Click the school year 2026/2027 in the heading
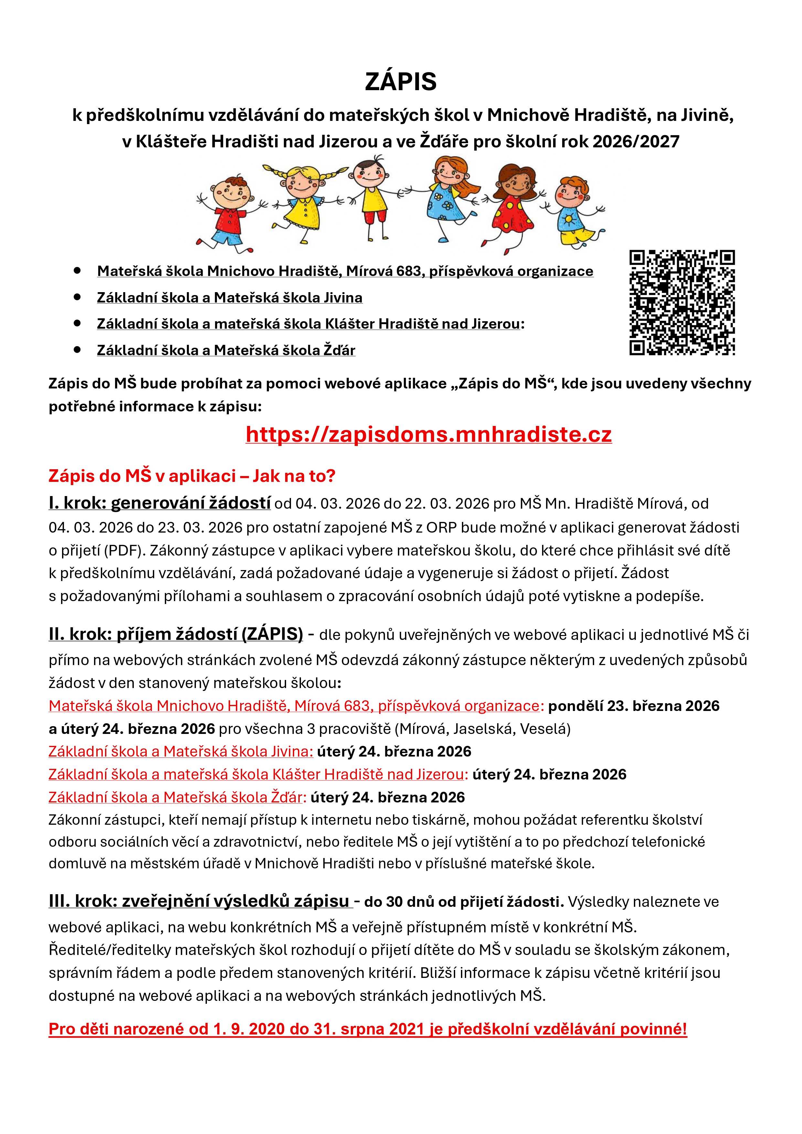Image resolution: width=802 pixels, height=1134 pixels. (636, 142)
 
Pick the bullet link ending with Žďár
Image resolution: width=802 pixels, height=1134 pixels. (226, 350)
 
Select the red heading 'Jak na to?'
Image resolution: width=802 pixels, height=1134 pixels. (294, 476)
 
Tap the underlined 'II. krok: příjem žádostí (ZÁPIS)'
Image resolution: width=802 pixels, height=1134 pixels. (176, 634)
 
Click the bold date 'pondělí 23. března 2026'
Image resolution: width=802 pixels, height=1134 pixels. (634, 706)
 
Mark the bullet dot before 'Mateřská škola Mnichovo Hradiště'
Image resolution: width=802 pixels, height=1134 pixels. (77, 271)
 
